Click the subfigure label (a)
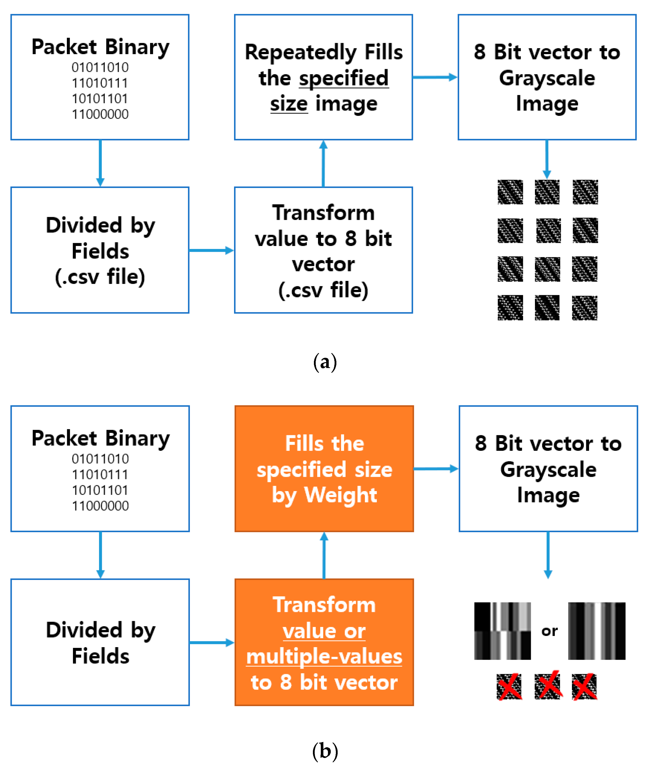[325, 362]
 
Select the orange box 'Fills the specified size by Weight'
[324, 469]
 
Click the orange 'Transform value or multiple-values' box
[324, 642]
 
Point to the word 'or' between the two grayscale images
[549, 631]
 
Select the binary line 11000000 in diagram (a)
[100, 114]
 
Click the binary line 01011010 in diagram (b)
[100, 459]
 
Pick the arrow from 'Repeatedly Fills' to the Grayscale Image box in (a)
[435, 77]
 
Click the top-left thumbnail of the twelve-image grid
[510, 192]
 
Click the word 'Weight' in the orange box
[340, 495]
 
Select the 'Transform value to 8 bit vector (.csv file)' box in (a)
[323, 250]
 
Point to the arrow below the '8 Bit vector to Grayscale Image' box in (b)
[548, 555]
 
